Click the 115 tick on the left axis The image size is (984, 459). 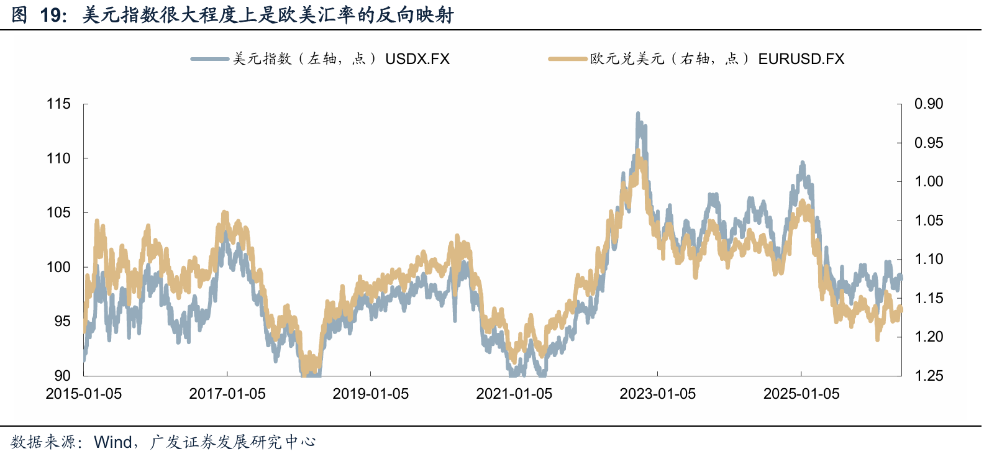[x=58, y=104]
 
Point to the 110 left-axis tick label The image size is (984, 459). [x=58, y=158]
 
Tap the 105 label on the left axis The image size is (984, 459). [x=58, y=212]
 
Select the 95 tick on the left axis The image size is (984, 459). [x=62, y=321]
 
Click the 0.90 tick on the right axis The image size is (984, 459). [x=929, y=104]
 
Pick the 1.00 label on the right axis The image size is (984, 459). [x=929, y=181]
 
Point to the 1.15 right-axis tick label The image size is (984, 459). [x=929, y=298]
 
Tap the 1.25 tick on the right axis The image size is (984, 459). [x=929, y=376]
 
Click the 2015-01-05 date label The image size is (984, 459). [x=84, y=394]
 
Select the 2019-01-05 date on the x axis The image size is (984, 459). [x=371, y=394]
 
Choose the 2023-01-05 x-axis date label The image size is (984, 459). [x=658, y=394]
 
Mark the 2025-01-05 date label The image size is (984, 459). [x=801, y=394]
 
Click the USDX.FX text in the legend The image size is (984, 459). [x=417, y=59]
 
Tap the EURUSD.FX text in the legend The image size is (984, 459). [x=801, y=59]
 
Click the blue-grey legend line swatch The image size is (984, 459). [x=209, y=59]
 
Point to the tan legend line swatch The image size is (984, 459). [x=568, y=59]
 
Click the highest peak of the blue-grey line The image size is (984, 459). [x=638, y=113]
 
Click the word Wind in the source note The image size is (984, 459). [x=113, y=442]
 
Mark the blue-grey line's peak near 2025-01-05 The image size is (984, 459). [x=803, y=163]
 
